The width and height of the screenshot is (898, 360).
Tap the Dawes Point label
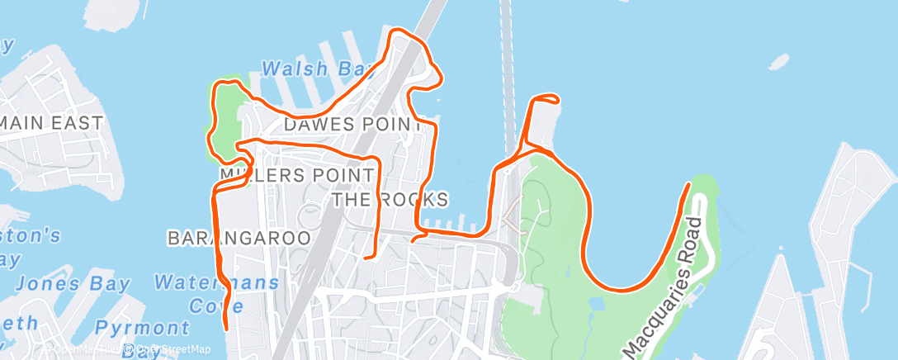353,125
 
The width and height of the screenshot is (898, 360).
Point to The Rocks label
390,200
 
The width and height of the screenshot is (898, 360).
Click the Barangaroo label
239,238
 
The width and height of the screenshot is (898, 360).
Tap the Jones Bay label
73,284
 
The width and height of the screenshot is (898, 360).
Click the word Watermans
217,283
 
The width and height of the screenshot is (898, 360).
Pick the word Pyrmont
142,328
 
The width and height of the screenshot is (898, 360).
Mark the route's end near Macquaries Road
688,185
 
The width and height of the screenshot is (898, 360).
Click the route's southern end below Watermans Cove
225,329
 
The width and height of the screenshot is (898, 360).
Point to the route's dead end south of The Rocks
366,258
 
